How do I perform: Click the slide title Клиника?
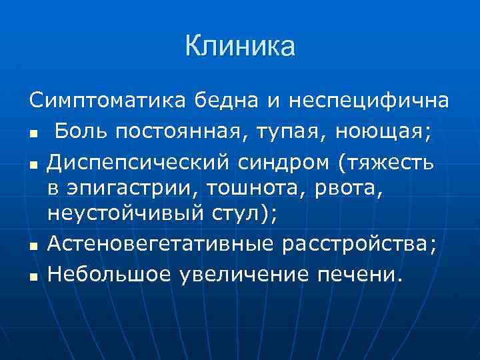(240, 47)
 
